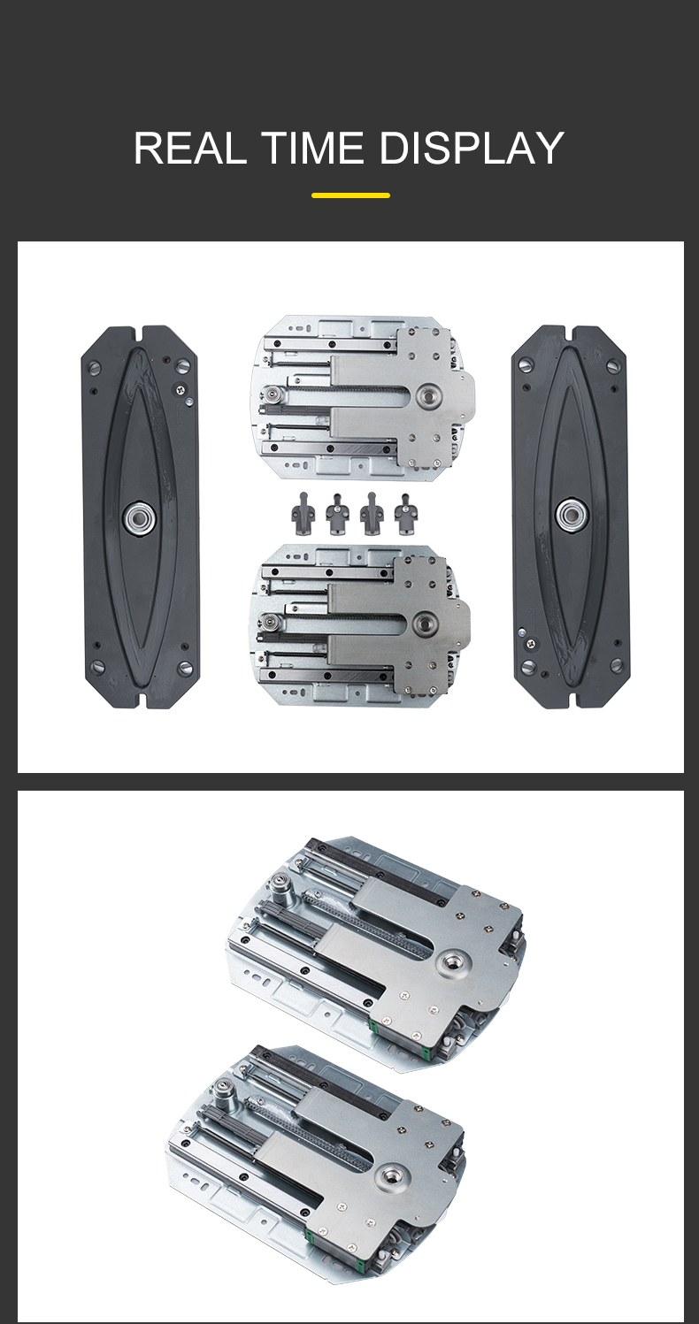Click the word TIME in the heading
[312, 148]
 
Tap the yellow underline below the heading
[350, 195]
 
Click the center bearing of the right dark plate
[571, 514]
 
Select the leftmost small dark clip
[303, 513]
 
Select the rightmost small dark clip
[405, 513]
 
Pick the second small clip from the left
[337, 513]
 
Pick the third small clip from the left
[372, 513]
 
